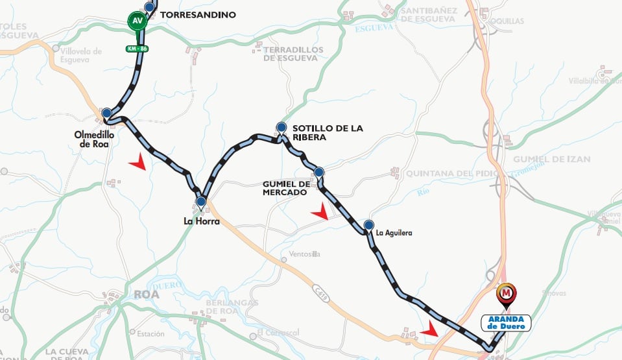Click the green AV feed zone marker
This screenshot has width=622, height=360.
(138, 20)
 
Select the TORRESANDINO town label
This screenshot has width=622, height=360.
(197, 14)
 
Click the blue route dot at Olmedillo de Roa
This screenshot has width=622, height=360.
(106, 113)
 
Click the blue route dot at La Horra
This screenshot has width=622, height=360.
(201, 202)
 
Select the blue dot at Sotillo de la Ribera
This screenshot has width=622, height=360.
(281, 127)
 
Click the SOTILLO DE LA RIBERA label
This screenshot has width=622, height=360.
(327, 133)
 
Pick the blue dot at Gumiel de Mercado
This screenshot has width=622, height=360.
(318, 172)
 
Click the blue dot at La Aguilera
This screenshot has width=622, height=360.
(368, 225)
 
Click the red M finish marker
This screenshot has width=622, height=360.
(507, 294)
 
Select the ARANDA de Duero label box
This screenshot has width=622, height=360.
(506, 322)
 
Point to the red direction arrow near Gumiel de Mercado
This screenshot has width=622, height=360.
(320, 211)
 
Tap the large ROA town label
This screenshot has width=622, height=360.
(146, 294)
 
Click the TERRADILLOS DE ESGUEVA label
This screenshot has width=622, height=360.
(291, 53)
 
